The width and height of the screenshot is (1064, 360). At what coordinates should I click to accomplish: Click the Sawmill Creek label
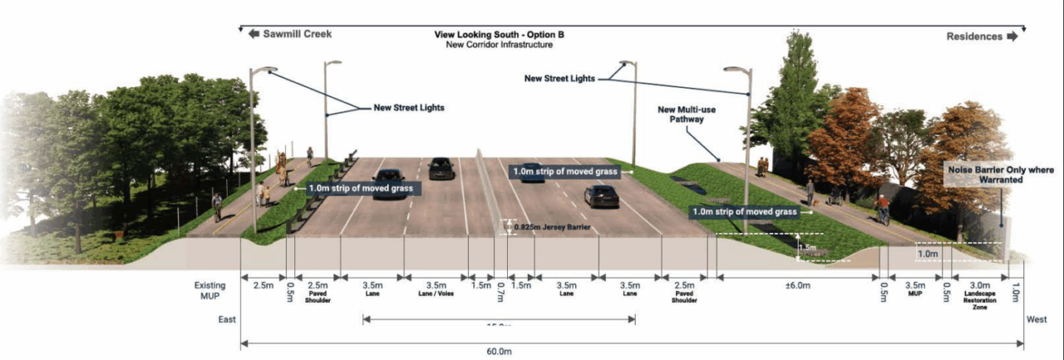(297, 34)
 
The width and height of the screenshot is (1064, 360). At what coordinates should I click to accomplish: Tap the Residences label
(974, 37)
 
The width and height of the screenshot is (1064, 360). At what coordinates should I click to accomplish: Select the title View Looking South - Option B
(505, 35)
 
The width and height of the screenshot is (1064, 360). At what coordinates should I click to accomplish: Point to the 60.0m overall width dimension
(499, 351)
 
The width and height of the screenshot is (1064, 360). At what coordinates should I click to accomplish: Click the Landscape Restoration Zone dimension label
(980, 291)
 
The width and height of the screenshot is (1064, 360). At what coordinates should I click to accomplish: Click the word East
(227, 319)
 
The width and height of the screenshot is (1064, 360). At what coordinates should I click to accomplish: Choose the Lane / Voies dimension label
(436, 288)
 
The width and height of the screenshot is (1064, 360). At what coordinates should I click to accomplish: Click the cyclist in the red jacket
(882, 209)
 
